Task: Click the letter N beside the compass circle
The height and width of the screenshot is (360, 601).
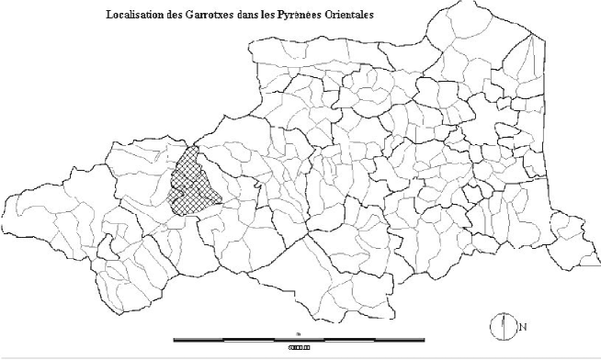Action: [x=523, y=327]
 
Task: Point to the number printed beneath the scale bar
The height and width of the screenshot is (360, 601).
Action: [x=300, y=347]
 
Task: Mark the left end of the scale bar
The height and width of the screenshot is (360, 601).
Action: [x=175, y=340]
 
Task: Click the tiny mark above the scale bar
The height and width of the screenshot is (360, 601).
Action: [x=299, y=332]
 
